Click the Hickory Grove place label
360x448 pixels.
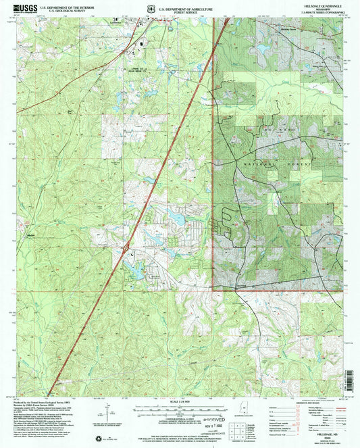[x=271, y=29]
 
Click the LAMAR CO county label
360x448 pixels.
[x=136, y=68]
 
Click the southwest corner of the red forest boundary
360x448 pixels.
[x=213, y=290]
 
